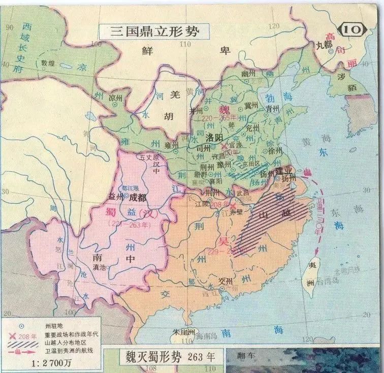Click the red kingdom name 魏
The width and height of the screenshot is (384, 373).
[223, 110]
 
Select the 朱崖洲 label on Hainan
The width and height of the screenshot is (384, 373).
[183, 332]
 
